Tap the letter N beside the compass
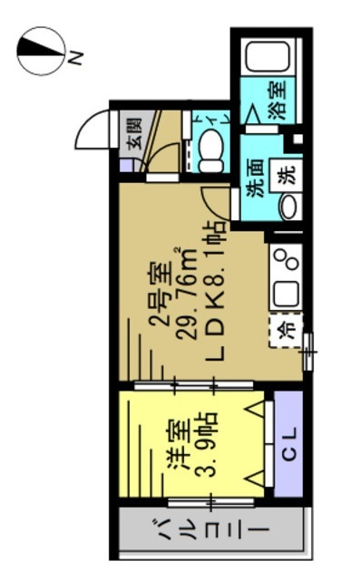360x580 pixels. tap(77, 59)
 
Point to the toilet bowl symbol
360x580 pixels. tap(212, 150)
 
